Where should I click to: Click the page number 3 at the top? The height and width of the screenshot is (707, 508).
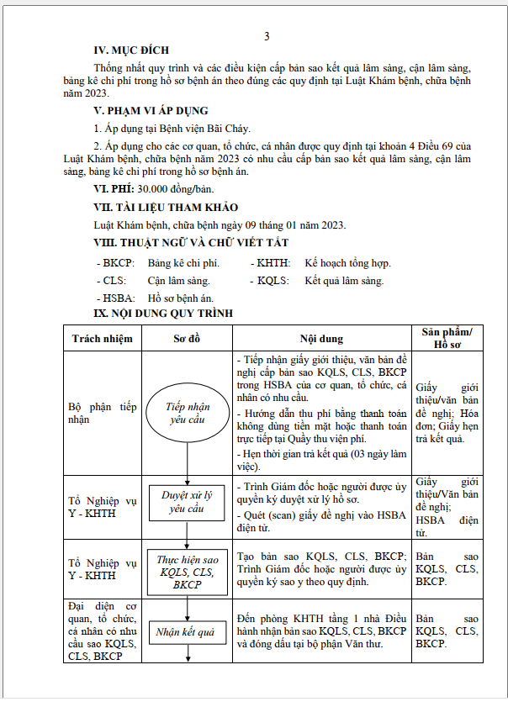[267, 36]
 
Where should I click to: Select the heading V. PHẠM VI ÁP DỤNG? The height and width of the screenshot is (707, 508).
[151, 110]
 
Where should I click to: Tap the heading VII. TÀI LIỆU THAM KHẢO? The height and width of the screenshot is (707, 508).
[166, 207]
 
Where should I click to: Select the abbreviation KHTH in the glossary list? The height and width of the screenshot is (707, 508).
[273, 263]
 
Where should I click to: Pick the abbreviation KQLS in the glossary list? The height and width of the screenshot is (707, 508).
[273, 281]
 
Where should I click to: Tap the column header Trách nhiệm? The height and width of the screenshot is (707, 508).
[103, 339]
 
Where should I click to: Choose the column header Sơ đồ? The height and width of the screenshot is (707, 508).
[187, 339]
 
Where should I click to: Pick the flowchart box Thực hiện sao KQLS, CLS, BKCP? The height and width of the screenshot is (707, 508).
[188, 572]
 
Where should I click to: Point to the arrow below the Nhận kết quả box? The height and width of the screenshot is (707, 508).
[187, 652]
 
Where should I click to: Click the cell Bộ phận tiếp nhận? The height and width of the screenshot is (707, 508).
[102, 413]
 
